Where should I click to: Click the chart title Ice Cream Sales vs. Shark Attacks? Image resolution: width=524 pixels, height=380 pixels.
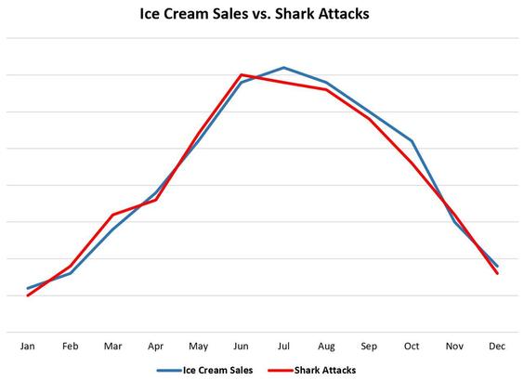(x=262, y=15)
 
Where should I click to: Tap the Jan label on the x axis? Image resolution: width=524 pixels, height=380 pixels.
(x=28, y=346)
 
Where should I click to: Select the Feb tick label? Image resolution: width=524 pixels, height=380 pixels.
(x=71, y=346)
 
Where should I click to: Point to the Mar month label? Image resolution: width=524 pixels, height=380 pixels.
(x=113, y=346)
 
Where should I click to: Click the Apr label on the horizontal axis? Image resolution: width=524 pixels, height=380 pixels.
(x=156, y=346)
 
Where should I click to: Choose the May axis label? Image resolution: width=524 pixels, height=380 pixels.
(x=199, y=346)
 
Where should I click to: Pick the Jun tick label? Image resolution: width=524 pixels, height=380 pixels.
(x=242, y=346)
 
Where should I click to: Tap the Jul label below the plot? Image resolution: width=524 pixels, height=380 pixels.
(x=284, y=346)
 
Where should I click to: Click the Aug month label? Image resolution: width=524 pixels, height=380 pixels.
(x=326, y=346)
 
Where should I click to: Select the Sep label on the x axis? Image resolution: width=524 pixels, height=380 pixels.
(x=369, y=346)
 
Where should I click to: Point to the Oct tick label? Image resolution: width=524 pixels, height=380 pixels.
(x=412, y=346)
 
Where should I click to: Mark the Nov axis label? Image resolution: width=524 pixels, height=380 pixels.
(x=454, y=346)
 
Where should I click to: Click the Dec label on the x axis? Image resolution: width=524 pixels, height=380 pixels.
(x=497, y=346)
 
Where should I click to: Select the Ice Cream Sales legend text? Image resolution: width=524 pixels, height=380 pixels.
(x=220, y=370)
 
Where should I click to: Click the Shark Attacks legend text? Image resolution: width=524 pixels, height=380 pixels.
(x=324, y=370)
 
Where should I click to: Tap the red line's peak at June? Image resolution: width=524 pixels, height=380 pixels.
(x=242, y=74)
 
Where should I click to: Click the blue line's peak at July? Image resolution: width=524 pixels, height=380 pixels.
(x=284, y=68)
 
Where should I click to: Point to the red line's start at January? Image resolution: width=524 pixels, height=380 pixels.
(x=28, y=295)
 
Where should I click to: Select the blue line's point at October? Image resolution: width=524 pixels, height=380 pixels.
(x=412, y=140)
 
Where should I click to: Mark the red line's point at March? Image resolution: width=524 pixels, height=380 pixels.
(x=113, y=215)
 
